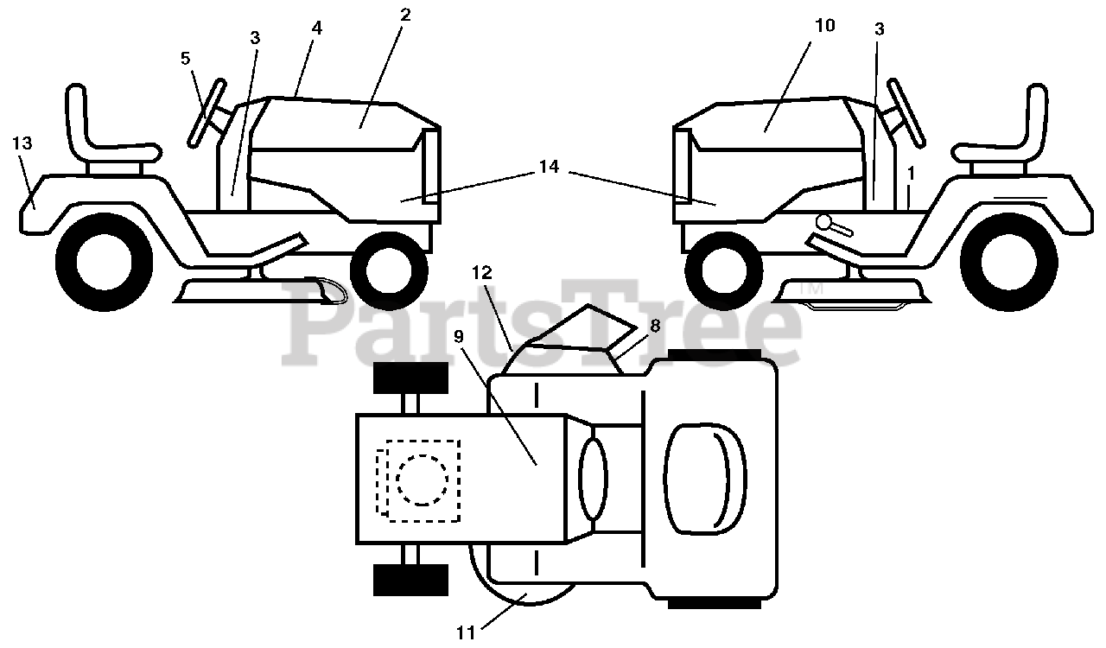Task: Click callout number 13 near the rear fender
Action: [x=22, y=143]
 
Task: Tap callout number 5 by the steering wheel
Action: [x=185, y=58]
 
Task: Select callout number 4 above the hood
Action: [x=316, y=29]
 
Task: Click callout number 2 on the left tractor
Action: [x=405, y=15]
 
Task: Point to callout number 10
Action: [x=824, y=25]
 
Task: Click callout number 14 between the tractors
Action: [x=549, y=167]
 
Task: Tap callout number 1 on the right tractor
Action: [x=911, y=173]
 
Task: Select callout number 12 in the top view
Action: [x=482, y=272]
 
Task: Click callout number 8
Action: [x=655, y=326]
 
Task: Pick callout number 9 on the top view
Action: [x=459, y=337]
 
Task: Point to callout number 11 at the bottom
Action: [x=465, y=632]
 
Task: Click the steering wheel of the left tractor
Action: [x=207, y=112]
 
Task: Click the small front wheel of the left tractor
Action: [x=389, y=271]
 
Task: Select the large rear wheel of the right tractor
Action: [x=1009, y=263]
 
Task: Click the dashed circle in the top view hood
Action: [x=423, y=480]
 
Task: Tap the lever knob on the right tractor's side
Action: [x=823, y=223]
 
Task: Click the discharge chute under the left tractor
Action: [x=326, y=290]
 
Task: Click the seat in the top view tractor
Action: [x=705, y=479]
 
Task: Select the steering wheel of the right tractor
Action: [x=906, y=112]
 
